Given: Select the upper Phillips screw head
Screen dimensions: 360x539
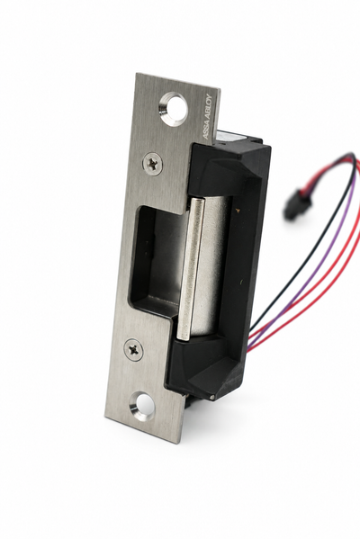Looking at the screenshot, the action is (x=151, y=161).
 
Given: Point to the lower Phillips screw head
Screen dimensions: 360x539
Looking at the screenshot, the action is (x=132, y=349).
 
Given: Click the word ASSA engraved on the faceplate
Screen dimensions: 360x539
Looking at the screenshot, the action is (x=206, y=130).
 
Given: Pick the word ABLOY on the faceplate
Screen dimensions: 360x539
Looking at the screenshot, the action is (x=210, y=108).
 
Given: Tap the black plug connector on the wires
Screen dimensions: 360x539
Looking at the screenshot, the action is (x=293, y=206).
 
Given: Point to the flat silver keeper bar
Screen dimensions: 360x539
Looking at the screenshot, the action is (x=189, y=268).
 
